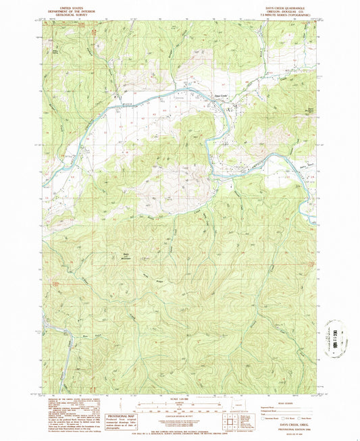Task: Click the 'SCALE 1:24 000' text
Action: [x=179, y=394]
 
